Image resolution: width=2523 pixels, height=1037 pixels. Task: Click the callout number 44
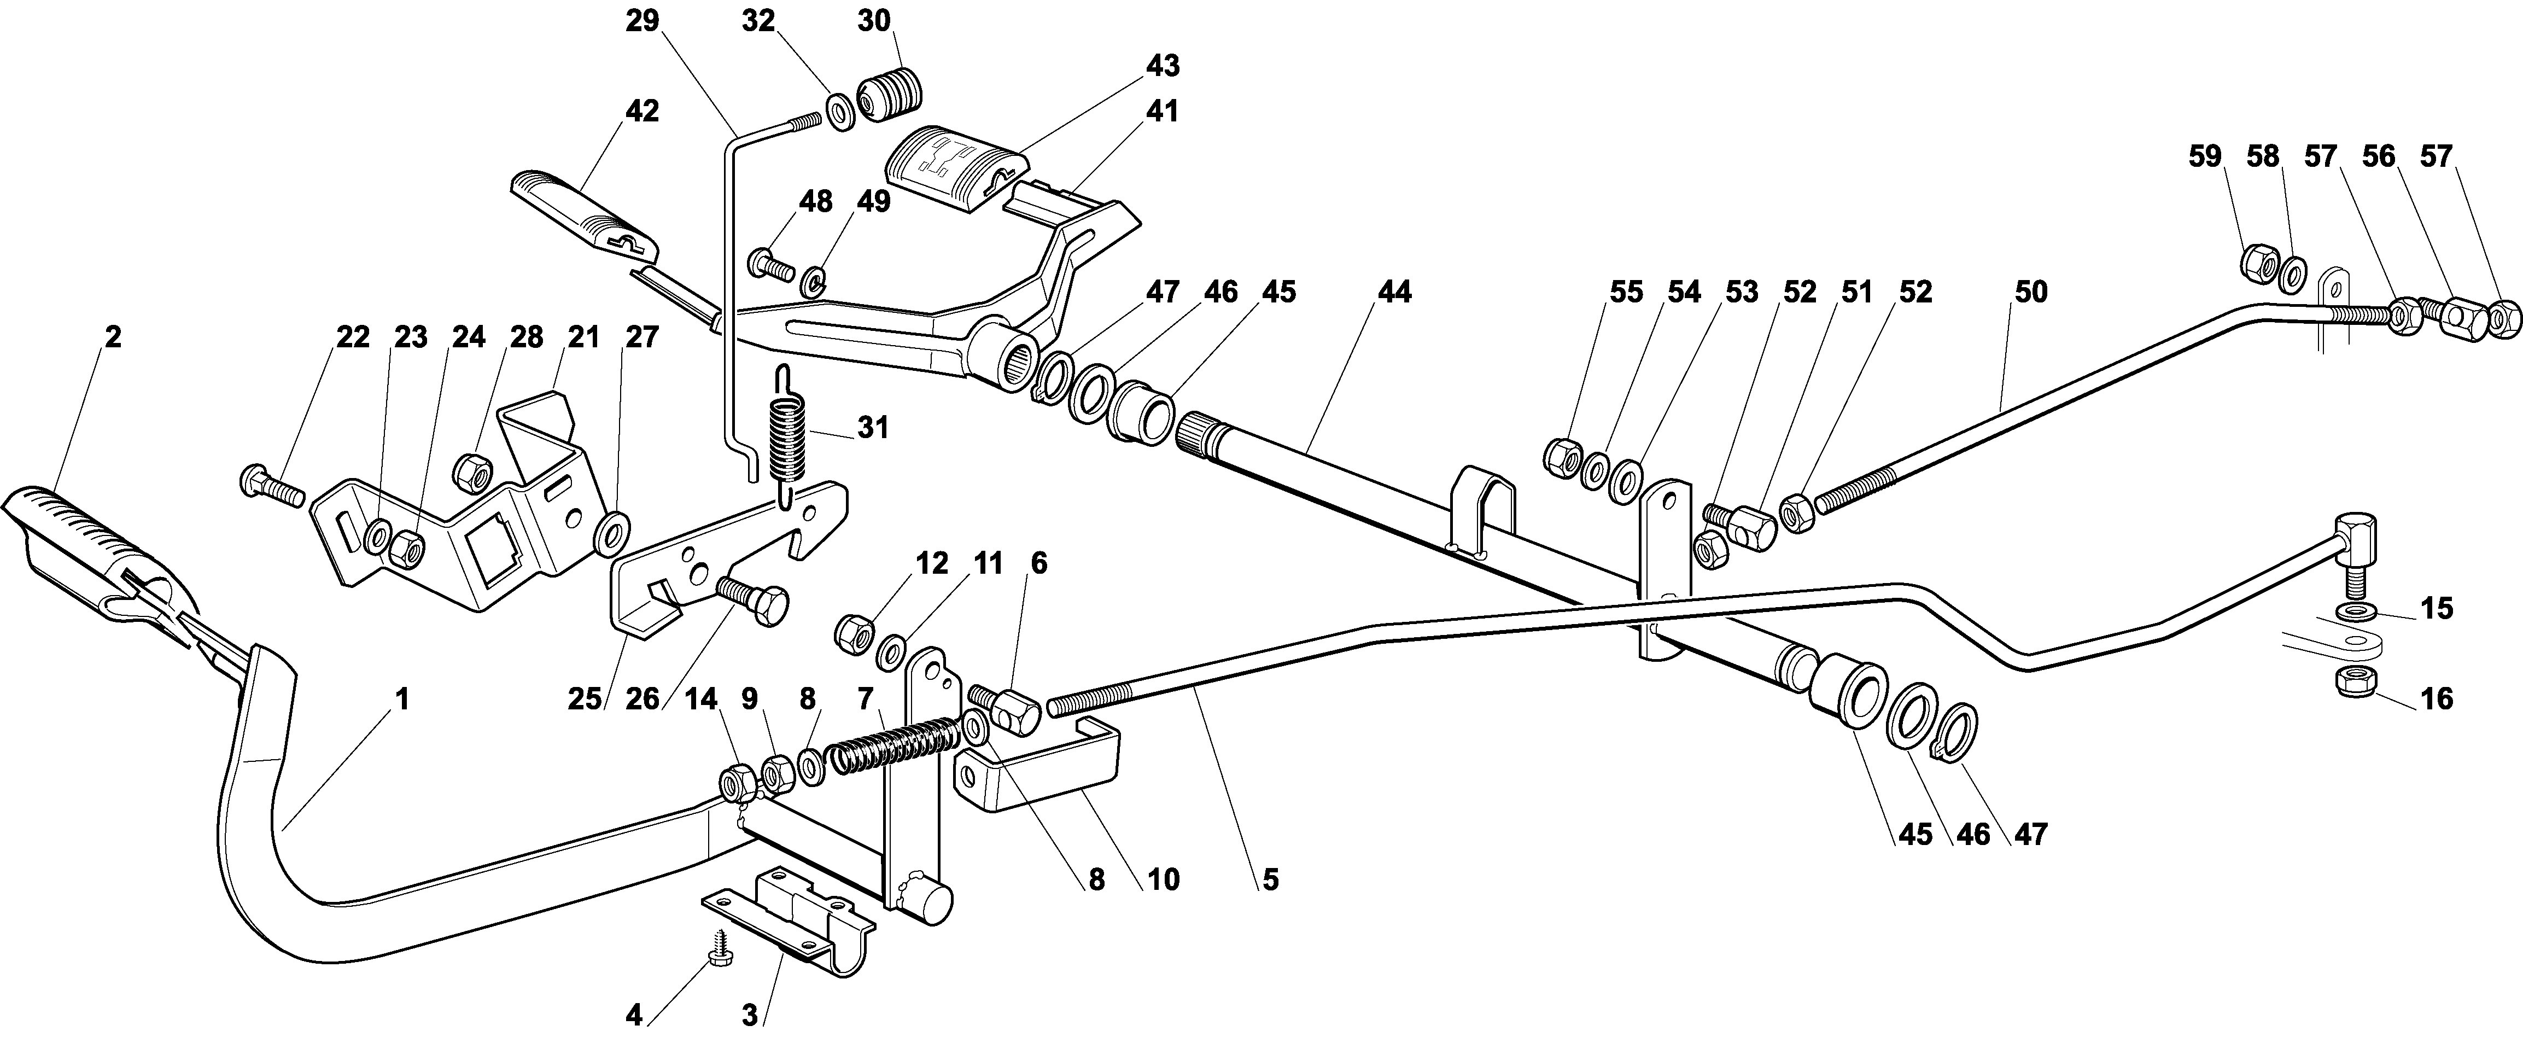click(1395, 292)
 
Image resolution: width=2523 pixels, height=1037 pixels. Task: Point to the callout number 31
click(873, 428)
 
